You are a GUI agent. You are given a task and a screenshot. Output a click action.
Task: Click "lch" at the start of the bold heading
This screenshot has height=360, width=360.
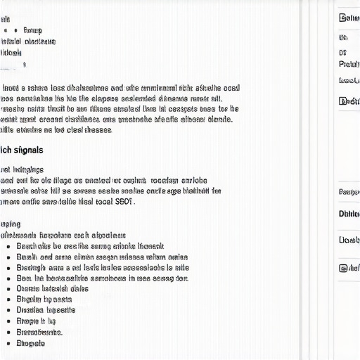(x=6, y=150)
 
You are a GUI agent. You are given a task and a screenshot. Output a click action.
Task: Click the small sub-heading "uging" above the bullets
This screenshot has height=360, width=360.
(x=11, y=224)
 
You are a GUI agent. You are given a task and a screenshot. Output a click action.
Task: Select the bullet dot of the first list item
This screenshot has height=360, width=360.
(x=8, y=247)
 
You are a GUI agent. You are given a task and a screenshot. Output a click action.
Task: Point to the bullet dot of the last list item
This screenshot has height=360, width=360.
(x=8, y=343)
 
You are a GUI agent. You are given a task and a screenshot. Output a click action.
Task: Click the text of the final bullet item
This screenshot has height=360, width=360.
(x=30, y=343)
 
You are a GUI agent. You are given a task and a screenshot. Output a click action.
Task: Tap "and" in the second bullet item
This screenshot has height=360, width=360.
(x=46, y=257)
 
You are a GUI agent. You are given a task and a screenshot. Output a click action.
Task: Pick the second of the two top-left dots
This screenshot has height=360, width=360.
(x=15, y=30)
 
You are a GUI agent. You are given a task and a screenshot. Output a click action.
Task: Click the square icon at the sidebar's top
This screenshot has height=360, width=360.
(x=343, y=18)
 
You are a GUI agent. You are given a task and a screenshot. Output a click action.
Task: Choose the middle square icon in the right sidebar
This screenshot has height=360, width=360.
(x=343, y=101)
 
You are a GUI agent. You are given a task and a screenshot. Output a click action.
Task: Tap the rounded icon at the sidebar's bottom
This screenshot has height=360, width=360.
(x=343, y=267)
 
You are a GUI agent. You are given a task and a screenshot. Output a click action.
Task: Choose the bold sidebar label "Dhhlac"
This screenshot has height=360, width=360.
(x=349, y=214)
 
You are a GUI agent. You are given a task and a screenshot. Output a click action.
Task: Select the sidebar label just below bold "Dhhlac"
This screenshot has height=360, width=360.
(x=349, y=240)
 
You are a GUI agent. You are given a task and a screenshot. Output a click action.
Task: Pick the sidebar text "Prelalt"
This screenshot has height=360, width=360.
(x=349, y=64)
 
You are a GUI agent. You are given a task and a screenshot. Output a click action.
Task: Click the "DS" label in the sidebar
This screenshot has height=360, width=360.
(x=343, y=52)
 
